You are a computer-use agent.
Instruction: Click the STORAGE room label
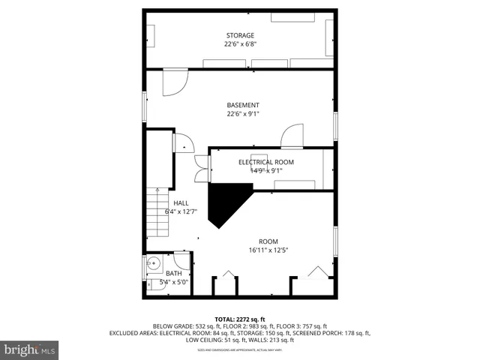pos(240,35)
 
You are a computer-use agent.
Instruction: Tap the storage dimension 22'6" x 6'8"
pos(240,44)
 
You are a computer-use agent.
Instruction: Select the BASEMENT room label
pos(243,105)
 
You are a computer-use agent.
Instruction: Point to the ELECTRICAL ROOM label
pos(266,162)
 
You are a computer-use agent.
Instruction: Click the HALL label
pos(181,203)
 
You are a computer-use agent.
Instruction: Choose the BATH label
pos(174,274)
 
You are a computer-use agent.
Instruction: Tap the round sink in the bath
pos(153,264)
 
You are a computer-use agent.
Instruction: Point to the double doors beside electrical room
pos(201,169)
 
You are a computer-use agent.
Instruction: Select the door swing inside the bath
pos(182,259)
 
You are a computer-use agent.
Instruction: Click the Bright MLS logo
pos(30,349)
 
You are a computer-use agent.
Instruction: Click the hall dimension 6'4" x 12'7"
pos(181,211)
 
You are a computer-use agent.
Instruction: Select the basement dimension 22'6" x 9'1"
pos(243,114)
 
